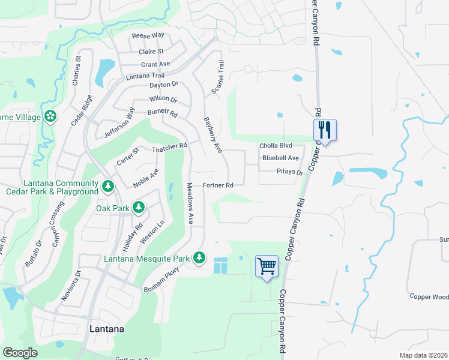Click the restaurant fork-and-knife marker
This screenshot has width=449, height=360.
[x=325, y=130]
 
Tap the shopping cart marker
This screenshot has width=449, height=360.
[x=267, y=266]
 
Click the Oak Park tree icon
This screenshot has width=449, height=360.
[x=139, y=208]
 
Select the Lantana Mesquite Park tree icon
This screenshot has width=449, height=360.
[x=199, y=258]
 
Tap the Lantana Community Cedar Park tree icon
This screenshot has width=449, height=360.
[x=107, y=187]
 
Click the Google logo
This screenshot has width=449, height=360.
[x=20, y=353]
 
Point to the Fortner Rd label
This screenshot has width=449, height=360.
[x=218, y=185]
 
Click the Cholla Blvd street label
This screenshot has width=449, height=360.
[x=276, y=146]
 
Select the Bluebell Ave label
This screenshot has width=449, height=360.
[x=280, y=158]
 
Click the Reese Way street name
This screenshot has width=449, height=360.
[x=148, y=35]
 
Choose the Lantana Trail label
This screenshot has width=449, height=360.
[x=145, y=76]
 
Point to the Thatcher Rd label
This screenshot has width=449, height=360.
[x=170, y=147]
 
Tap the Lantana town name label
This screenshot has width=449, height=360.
[x=107, y=329]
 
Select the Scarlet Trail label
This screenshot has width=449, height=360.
[x=217, y=77]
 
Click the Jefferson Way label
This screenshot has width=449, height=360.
[x=121, y=123]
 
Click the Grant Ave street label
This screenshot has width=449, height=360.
[x=155, y=64]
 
